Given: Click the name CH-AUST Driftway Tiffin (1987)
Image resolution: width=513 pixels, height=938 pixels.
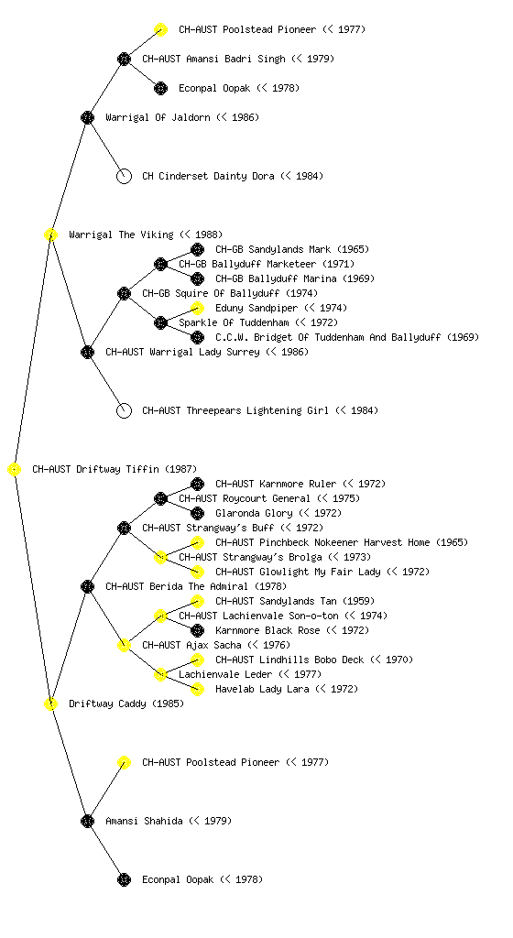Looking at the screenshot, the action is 115,470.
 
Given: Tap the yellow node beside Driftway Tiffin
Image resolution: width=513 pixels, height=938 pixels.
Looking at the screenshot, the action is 15,470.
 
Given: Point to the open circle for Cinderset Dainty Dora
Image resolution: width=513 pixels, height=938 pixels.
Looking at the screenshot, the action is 124,177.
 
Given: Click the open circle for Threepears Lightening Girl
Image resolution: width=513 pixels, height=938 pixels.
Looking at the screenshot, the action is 124,411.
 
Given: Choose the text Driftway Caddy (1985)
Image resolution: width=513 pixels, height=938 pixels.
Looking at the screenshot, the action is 126,704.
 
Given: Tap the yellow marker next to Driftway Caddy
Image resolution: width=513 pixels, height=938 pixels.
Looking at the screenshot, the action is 50,704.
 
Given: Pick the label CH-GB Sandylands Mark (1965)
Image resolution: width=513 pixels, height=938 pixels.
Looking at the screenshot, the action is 292,249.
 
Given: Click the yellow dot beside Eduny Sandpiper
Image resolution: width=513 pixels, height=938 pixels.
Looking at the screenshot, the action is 197,308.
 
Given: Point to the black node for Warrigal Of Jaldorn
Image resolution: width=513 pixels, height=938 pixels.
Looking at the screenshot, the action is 87,118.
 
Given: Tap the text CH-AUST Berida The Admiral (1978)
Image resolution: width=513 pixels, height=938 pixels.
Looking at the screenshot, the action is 196,587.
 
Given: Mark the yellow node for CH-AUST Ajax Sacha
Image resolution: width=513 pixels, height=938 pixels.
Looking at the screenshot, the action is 124,646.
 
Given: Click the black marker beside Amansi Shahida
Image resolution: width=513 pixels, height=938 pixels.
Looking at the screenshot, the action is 87,822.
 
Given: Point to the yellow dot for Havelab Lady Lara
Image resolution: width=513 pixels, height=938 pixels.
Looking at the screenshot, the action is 197,689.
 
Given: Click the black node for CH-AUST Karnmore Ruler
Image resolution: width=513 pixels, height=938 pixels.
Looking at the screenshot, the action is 197,484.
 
